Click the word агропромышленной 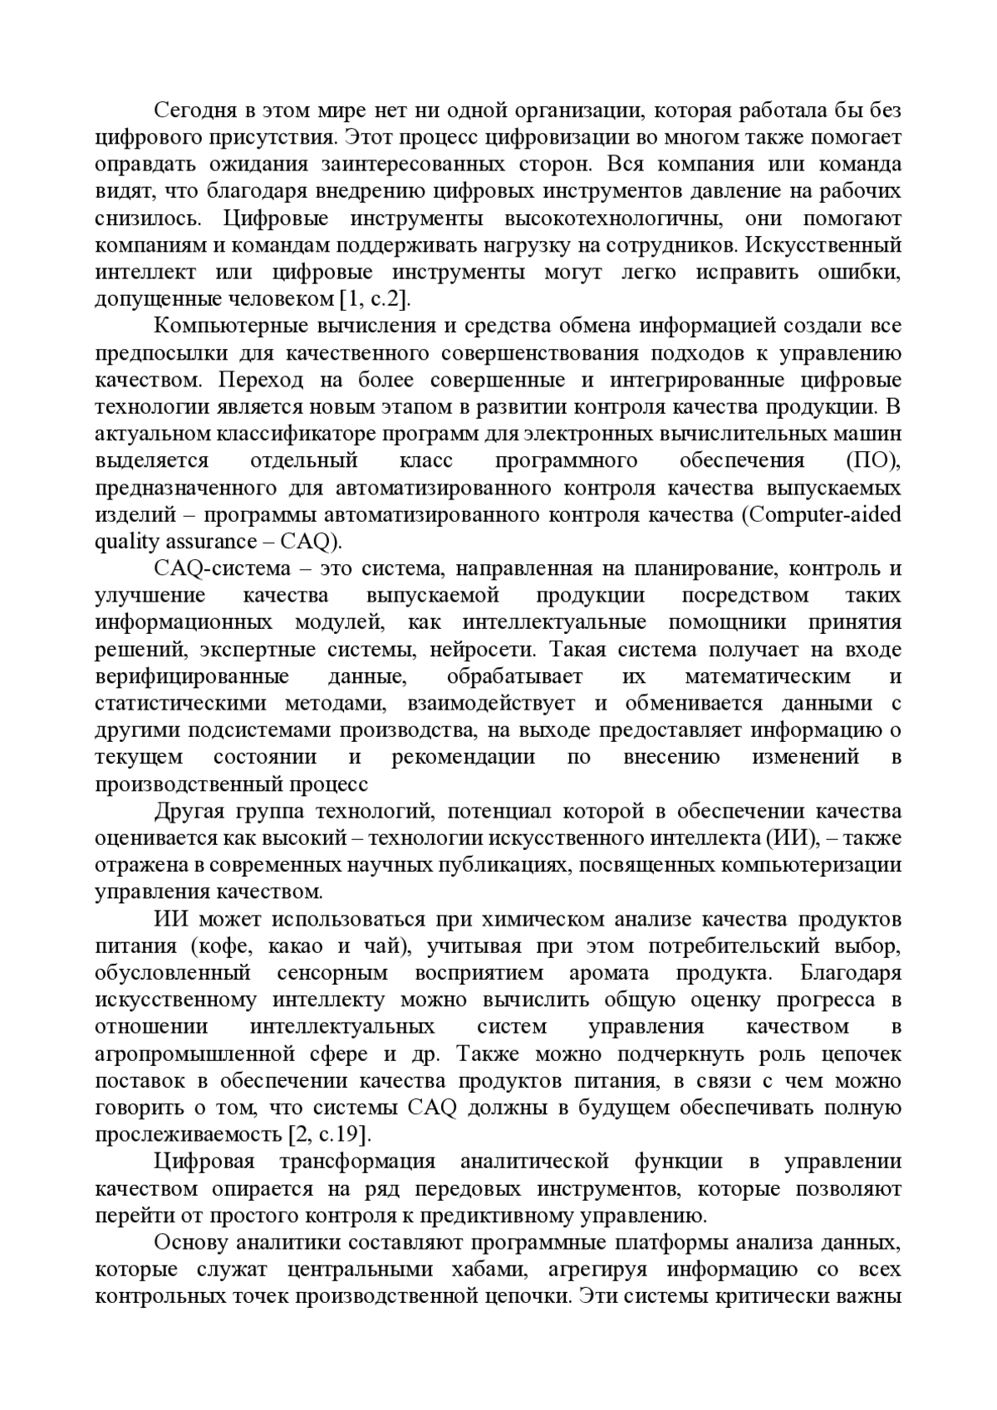tap(195, 1054)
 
